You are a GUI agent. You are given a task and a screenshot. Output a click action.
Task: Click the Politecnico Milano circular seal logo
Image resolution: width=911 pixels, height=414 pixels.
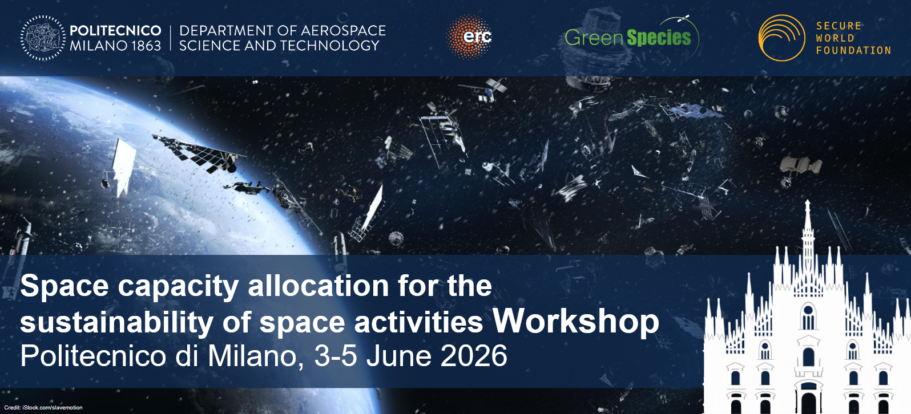[x=43, y=38]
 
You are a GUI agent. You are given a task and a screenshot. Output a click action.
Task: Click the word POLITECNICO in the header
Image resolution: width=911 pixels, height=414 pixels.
[x=115, y=30]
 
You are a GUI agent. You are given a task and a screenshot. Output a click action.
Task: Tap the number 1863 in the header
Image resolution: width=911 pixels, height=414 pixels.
[x=141, y=46]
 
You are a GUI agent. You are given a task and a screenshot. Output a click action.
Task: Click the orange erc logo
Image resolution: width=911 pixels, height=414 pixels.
[x=469, y=36]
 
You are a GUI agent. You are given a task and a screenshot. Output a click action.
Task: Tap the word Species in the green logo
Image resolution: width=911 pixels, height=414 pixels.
[x=659, y=38]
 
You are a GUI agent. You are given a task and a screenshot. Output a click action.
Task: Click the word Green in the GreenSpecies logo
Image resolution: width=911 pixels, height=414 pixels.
[x=594, y=38]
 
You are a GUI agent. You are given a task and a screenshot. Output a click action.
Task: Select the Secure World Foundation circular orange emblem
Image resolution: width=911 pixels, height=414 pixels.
[x=781, y=38]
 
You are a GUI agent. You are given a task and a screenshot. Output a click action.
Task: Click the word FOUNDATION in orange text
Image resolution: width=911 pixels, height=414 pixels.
[x=854, y=50]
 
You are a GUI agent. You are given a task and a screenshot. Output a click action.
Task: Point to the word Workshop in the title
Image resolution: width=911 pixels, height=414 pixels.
[x=576, y=322]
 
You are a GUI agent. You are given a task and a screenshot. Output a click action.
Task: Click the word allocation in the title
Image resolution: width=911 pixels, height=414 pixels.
[x=319, y=286]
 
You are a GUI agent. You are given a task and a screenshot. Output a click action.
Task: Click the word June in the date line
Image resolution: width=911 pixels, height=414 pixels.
[x=398, y=356]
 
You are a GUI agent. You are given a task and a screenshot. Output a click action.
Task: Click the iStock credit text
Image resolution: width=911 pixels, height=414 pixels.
[x=43, y=408]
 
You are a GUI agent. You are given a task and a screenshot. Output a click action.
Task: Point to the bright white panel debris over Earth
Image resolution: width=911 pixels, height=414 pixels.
[x=124, y=167]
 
